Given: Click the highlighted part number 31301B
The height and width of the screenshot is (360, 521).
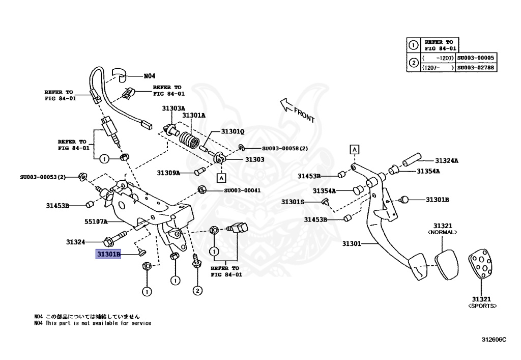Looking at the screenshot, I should click(108, 254).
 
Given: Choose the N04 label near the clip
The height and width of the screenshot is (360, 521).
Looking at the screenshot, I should click(149, 76).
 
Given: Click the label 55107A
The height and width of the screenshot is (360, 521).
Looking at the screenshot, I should click(96, 222).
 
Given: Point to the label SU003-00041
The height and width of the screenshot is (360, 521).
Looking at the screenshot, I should click(242, 191).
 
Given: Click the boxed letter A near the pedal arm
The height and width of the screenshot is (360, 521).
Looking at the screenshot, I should click(354, 149).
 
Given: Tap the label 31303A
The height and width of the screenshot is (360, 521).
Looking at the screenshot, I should click(173, 108).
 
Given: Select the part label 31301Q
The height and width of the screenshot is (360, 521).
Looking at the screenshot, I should click(233, 131).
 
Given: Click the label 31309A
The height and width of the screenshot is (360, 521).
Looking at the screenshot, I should click(168, 173).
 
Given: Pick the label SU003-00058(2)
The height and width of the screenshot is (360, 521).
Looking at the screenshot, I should click(285, 149).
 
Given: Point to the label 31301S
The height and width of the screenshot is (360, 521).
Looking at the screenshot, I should click(293, 202).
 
